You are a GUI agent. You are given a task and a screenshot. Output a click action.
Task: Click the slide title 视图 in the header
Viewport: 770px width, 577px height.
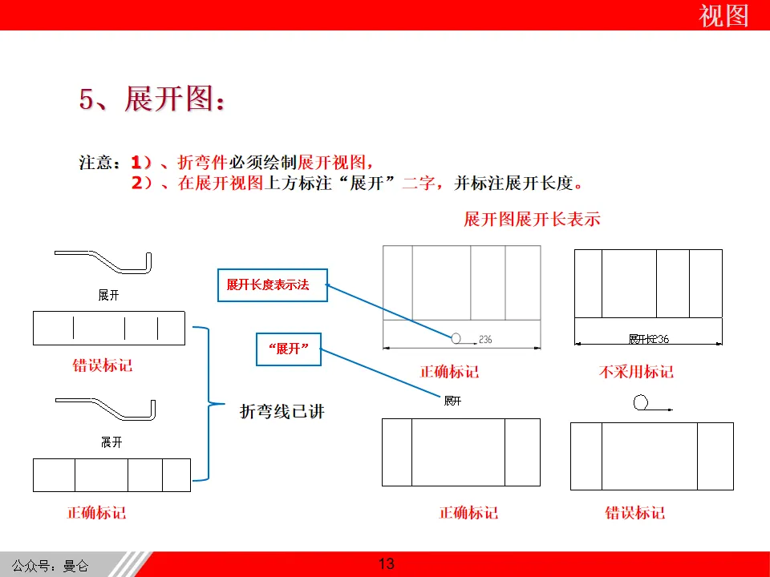pos(723,15)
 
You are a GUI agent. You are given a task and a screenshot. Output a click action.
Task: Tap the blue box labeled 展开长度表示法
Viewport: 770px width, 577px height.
pos(273,284)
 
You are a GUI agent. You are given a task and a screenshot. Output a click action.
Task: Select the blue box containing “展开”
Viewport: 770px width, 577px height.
pos(288,349)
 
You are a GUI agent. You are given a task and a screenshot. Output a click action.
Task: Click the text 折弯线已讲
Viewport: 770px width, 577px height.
pos(282,412)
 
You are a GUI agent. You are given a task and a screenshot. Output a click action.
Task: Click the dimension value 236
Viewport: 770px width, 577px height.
pos(484,340)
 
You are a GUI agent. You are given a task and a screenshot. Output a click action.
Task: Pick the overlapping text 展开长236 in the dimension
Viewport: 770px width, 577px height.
pos(648,339)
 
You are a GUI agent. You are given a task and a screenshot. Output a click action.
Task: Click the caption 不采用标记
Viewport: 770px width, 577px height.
pos(636,372)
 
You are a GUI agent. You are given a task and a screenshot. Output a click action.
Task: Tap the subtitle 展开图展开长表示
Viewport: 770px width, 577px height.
pos(532,219)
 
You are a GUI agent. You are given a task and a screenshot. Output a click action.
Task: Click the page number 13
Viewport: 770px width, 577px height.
pos(386,564)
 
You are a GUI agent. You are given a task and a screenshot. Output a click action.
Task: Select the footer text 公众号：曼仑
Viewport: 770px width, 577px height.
pos(51,566)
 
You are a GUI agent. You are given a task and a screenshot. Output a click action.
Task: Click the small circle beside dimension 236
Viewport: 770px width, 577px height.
pos(456,338)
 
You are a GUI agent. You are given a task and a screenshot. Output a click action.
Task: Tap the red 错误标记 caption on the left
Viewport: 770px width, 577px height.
pos(103,365)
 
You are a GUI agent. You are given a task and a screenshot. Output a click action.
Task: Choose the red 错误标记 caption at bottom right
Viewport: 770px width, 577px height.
pos(634,513)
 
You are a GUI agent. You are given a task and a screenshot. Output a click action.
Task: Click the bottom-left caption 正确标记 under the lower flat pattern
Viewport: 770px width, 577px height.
pos(96,513)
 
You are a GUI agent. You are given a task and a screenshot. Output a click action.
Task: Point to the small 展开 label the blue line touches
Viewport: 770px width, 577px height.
pos(452,401)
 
